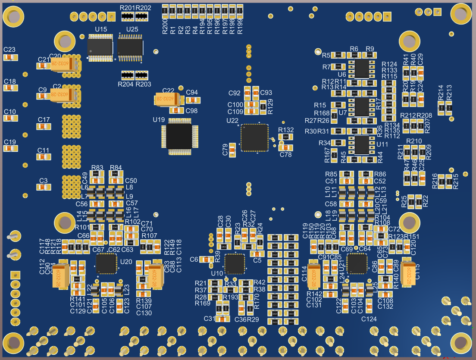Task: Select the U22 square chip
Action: coord(254,138)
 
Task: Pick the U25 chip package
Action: coord(130,47)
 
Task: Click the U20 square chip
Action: coord(106,263)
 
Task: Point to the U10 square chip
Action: coord(234,264)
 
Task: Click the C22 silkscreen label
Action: coord(168,91)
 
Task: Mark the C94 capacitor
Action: coord(193,100)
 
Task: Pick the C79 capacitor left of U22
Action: coord(232,149)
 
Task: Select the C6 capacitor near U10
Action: coord(207,259)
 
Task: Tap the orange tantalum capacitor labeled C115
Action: coord(407,272)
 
